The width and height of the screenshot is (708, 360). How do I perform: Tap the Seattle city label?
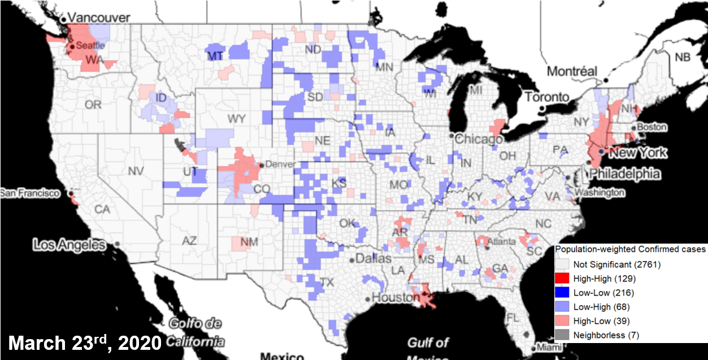click(x=90, y=45)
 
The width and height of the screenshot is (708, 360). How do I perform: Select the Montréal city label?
click(x=571, y=71)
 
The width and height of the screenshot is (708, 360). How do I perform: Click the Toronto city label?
click(x=546, y=97)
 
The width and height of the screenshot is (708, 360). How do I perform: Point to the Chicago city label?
click(x=480, y=138)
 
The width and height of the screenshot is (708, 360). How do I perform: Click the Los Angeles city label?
click(x=69, y=245)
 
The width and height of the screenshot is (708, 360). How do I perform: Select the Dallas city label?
click(x=374, y=259)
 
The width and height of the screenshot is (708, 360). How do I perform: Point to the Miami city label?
click(x=546, y=346)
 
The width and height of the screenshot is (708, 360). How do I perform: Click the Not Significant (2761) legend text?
click(x=616, y=264)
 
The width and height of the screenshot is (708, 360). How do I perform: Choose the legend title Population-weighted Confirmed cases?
click(x=630, y=249)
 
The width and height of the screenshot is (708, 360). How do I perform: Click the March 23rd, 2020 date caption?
click(x=85, y=342)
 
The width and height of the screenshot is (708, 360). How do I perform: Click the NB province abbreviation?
click(x=682, y=57)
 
